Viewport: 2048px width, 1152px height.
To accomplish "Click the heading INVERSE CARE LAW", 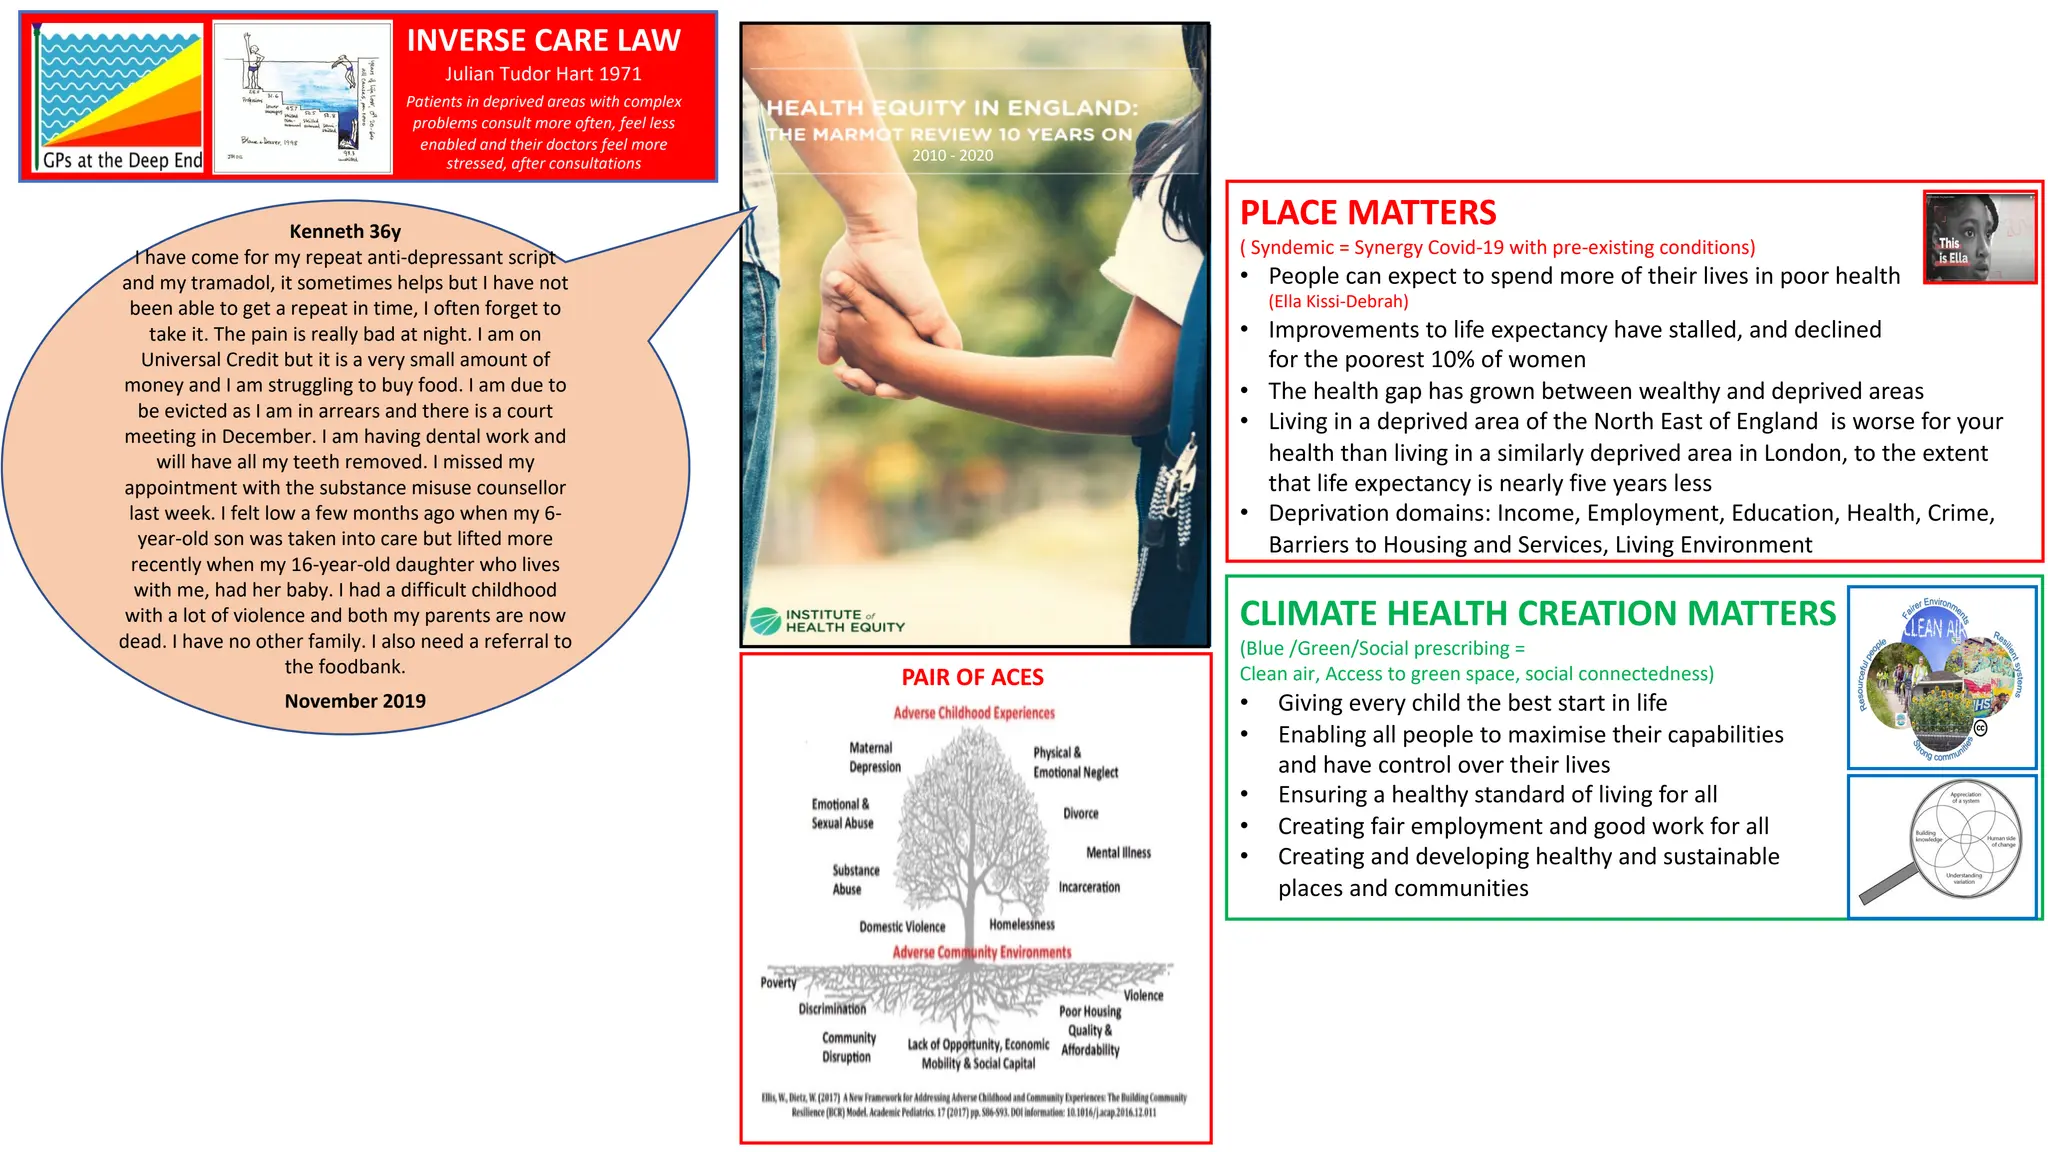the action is pos(543,40).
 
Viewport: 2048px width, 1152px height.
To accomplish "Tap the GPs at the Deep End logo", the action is pos(120,98).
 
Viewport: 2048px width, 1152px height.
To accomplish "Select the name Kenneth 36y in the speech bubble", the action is pos(345,231).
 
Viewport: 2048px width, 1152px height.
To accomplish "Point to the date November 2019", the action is pos(355,701).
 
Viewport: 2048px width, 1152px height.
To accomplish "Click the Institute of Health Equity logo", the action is pos(828,621).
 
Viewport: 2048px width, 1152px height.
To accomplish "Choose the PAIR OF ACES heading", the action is pos(972,677).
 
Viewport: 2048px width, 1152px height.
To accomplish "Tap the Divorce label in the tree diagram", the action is pos(1080,813).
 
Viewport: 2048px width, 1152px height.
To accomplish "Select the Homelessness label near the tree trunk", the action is pos(1021,924).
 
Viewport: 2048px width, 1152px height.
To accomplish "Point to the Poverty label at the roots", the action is pos(778,982).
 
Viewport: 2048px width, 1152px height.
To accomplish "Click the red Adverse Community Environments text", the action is pos(981,952).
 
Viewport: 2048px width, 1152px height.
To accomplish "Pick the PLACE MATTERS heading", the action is pos(1367,212).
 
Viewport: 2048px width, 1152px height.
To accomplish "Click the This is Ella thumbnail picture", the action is pos(1979,237).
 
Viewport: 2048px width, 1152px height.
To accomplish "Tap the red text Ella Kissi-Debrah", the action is pos(1338,301).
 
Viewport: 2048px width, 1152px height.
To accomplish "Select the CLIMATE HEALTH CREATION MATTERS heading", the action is pos(1537,613).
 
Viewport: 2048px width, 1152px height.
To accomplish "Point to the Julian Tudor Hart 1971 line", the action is pos(543,74).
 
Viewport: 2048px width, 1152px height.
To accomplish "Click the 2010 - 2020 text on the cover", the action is pos(952,155).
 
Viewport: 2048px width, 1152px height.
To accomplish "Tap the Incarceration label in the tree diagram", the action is pos(1089,887).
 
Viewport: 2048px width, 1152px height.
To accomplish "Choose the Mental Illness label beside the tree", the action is pos(1118,852).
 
